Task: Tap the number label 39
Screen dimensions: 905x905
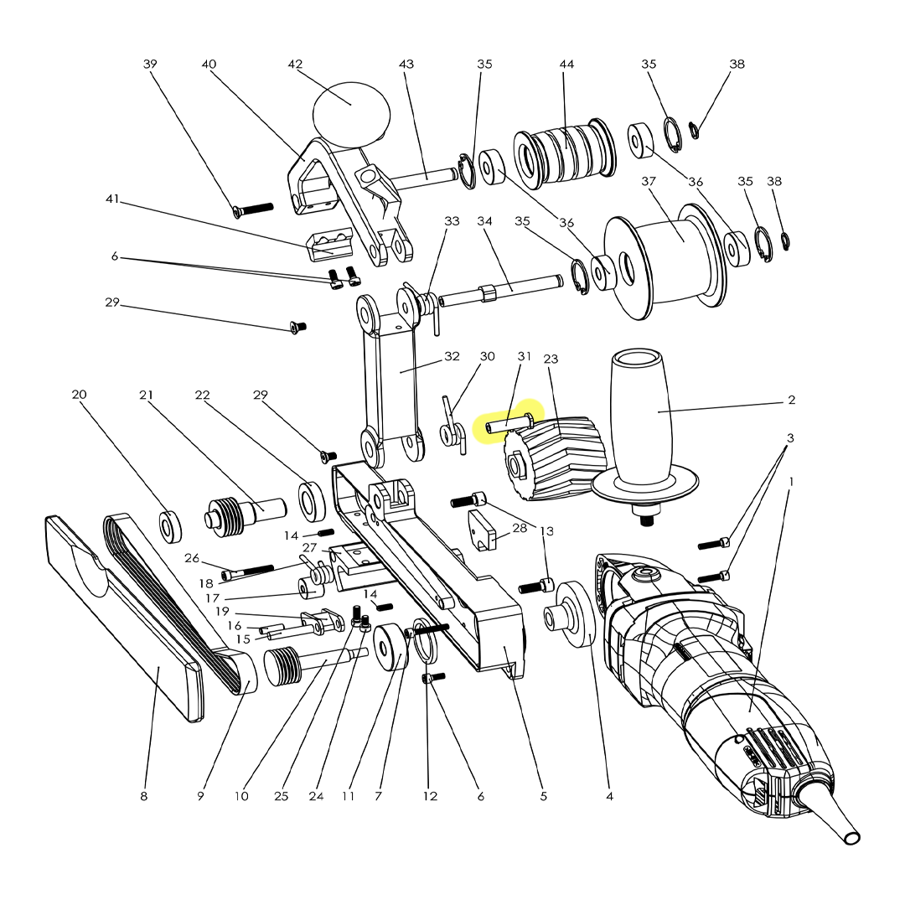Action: (x=150, y=65)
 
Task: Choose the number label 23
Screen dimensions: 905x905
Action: (x=551, y=359)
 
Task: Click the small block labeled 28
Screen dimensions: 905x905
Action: (x=482, y=530)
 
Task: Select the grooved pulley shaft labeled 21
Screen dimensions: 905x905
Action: (x=239, y=511)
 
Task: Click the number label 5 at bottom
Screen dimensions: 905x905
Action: (x=543, y=796)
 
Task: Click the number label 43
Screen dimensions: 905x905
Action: (x=407, y=65)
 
